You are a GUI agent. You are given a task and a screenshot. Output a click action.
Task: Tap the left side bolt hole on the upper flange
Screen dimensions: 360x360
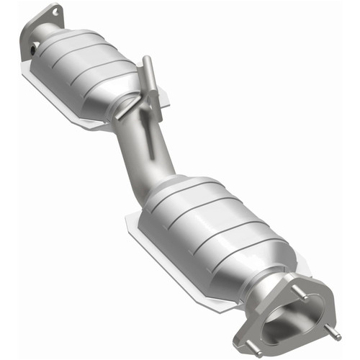pos(34,51)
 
